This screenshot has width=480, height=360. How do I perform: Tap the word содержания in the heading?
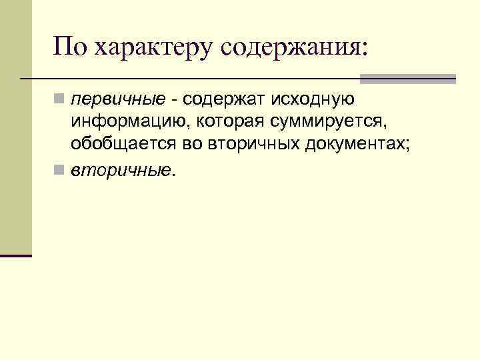pyautogui.click(x=291, y=48)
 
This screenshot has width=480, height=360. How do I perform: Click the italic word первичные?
pyautogui.click(x=118, y=100)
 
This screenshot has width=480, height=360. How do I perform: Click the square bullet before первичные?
pyautogui.click(x=60, y=101)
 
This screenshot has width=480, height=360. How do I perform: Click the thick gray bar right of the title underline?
pyautogui.click(x=408, y=79)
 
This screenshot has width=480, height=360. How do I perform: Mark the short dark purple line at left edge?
pyautogui.click(x=16, y=255)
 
